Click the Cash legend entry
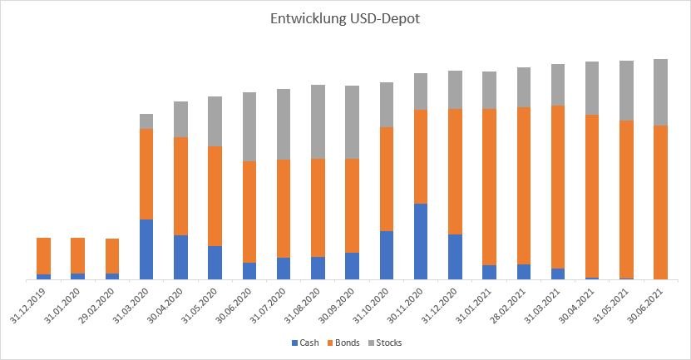(304, 343)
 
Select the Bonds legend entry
(343, 343)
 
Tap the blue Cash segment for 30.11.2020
(421, 241)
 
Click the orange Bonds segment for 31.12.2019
(44, 256)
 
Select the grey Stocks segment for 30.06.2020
(249, 126)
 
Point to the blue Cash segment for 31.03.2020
(146, 249)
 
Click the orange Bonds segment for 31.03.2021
(558, 187)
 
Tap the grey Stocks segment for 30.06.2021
(660, 92)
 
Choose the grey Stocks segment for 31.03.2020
(146, 121)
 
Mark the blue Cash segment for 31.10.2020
(387, 254)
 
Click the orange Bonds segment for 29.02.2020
(112, 256)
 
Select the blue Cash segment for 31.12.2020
(455, 256)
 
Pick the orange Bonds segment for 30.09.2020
(353, 205)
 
